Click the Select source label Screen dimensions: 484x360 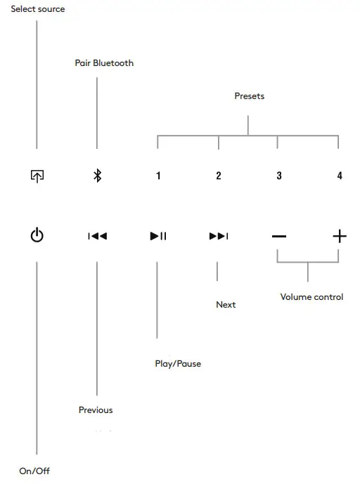point(37,9)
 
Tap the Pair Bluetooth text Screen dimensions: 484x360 point(104,63)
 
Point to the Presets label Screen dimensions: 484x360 point(249,96)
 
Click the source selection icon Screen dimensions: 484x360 point(37,176)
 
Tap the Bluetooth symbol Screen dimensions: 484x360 point(98,176)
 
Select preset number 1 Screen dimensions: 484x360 point(158,176)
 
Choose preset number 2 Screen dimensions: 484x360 point(219,176)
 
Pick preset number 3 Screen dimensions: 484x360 point(279,176)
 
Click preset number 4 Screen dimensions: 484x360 point(340,176)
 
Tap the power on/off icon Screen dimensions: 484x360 point(37,236)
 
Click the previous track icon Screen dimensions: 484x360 point(97,236)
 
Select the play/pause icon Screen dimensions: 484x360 point(158,236)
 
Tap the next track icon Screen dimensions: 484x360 point(219,236)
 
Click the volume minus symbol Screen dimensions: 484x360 point(279,236)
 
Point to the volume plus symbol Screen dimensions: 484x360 point(340,236)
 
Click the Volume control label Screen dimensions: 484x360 point(311,297)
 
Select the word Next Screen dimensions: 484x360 point(226,305)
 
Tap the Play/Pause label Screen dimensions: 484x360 point(178,364)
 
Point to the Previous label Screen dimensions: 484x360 point(96,410)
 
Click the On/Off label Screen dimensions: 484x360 point(34,471)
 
